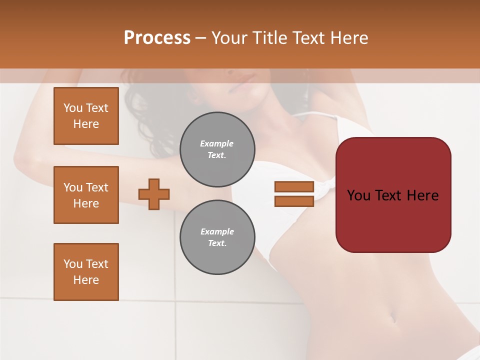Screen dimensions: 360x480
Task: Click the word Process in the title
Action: [x=157, y=37]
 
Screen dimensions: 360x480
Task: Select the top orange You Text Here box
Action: [x=86, y=116]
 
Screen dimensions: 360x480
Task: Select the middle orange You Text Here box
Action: [x=86, y=195]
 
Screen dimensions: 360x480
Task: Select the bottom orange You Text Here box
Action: [x=86, y=272]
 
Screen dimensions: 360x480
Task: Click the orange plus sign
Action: [x=154, y=194]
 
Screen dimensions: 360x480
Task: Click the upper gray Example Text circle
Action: [x=217, y=149]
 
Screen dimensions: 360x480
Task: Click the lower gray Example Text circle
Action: [x=217, y=237]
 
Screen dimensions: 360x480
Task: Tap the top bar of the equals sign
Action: [x=294, y=186]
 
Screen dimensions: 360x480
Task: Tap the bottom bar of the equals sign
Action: [x=294, y=201]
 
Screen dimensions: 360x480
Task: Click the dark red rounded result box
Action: [x=393, y=220]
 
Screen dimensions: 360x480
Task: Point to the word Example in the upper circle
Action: [x=217, y=143]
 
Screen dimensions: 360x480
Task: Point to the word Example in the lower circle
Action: [x=217, y=231]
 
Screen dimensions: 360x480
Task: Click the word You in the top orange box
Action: [x=73, y=108]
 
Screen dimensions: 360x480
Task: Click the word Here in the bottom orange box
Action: [x=86, y=280]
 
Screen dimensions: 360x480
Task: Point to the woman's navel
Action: [x=392, y=317]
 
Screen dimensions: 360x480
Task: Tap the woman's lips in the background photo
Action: [x=243, y=79]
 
